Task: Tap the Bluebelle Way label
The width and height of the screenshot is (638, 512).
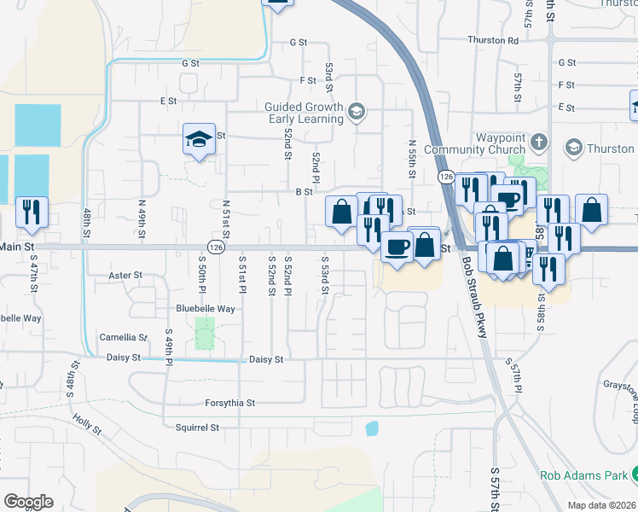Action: click(205, 309)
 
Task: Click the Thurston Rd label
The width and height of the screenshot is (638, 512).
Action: click(494, 40)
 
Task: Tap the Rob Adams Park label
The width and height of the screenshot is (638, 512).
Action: click(583, 475)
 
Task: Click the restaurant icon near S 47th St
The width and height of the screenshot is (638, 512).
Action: click(32, 212)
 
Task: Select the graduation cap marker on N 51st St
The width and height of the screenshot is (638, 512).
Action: click(199, 139)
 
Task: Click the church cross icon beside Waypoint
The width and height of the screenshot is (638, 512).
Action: click(538, 140)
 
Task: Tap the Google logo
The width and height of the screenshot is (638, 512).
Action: click(29, 501)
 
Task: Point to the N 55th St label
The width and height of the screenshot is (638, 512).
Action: click(411, 160)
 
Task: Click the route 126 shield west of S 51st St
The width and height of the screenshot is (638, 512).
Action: click(217, 247)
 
